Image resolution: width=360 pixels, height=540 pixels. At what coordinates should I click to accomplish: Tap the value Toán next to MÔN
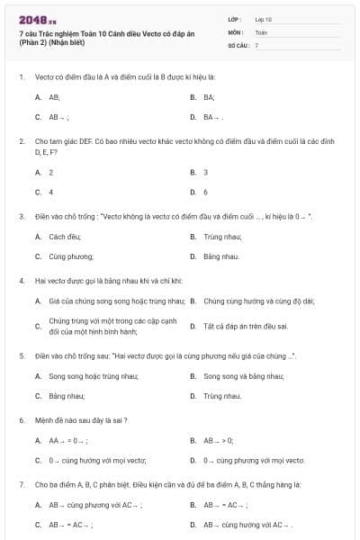coord(261,31)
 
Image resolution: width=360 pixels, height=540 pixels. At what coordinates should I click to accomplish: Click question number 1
coord(21,76)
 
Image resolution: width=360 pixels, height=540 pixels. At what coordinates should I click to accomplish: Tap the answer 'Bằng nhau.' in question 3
coord(220,256)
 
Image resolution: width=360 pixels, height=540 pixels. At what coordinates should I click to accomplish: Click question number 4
coord(21,280)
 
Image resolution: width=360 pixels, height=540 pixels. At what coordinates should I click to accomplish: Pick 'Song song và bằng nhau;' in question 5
coord(238,375)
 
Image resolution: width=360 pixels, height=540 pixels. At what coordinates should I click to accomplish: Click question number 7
coord(21,484)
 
